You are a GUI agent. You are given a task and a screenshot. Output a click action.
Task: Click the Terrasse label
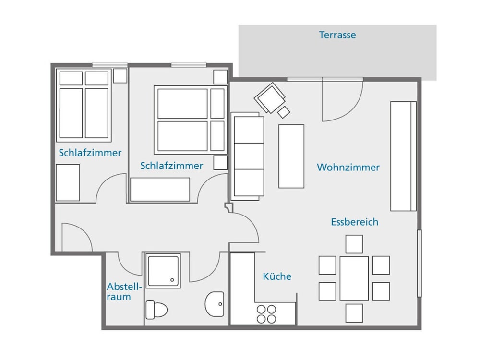tap(337, 35)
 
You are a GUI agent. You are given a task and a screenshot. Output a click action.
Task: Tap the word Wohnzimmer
tap(348, 167)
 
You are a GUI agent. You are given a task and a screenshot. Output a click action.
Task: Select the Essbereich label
tap(355, 222)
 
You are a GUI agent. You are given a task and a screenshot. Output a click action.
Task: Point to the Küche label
tap(277, 276)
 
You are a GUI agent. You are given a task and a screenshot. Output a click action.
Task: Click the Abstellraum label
tap(124, 292)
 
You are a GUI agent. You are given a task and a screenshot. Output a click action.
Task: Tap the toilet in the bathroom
tap(156, 310)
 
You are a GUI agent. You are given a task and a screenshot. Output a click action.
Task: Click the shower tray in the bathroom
tap(163, 271)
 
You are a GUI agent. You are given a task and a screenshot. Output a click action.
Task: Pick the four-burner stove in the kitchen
tap(266, 314)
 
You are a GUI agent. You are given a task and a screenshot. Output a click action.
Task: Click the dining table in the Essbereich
tap(354, 278)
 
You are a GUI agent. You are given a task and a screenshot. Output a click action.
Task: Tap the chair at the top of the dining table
tap(354, 244)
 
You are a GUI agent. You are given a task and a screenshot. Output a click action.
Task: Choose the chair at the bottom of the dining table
tap(354, 313)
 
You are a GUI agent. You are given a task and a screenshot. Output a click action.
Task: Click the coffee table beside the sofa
tap(291, 156)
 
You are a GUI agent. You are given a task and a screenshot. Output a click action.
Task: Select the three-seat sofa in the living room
tap(247, 156)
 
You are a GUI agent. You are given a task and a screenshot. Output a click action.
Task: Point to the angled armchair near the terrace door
tap(269, 98)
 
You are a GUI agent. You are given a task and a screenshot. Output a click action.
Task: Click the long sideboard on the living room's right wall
tap(403, 156)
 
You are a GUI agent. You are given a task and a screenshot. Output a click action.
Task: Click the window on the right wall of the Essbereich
tap(420, 263)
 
